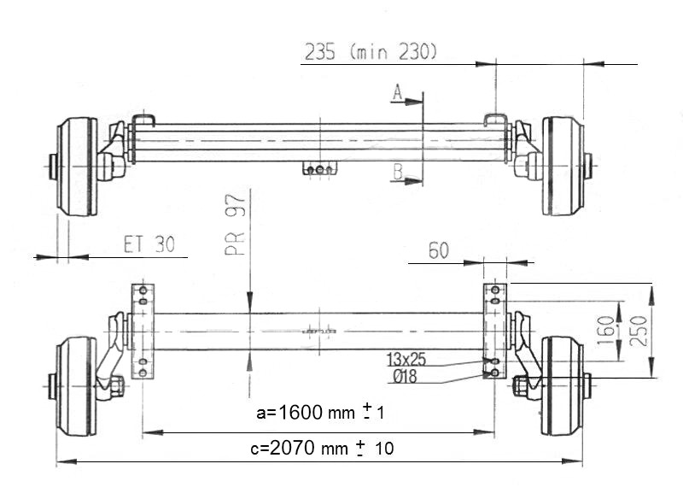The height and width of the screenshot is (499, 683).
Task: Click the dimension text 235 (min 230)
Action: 371,52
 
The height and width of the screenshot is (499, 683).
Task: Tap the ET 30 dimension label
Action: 149,245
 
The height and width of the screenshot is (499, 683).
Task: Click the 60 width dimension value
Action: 438,250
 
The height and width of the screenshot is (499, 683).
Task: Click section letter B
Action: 398,173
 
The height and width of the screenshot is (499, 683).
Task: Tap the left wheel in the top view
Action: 77,167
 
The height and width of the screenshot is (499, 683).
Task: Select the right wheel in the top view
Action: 563,166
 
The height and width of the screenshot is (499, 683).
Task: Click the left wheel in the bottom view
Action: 76,386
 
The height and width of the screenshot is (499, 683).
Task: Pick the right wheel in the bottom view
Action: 563,386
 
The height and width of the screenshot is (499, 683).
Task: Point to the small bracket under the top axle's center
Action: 319,168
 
